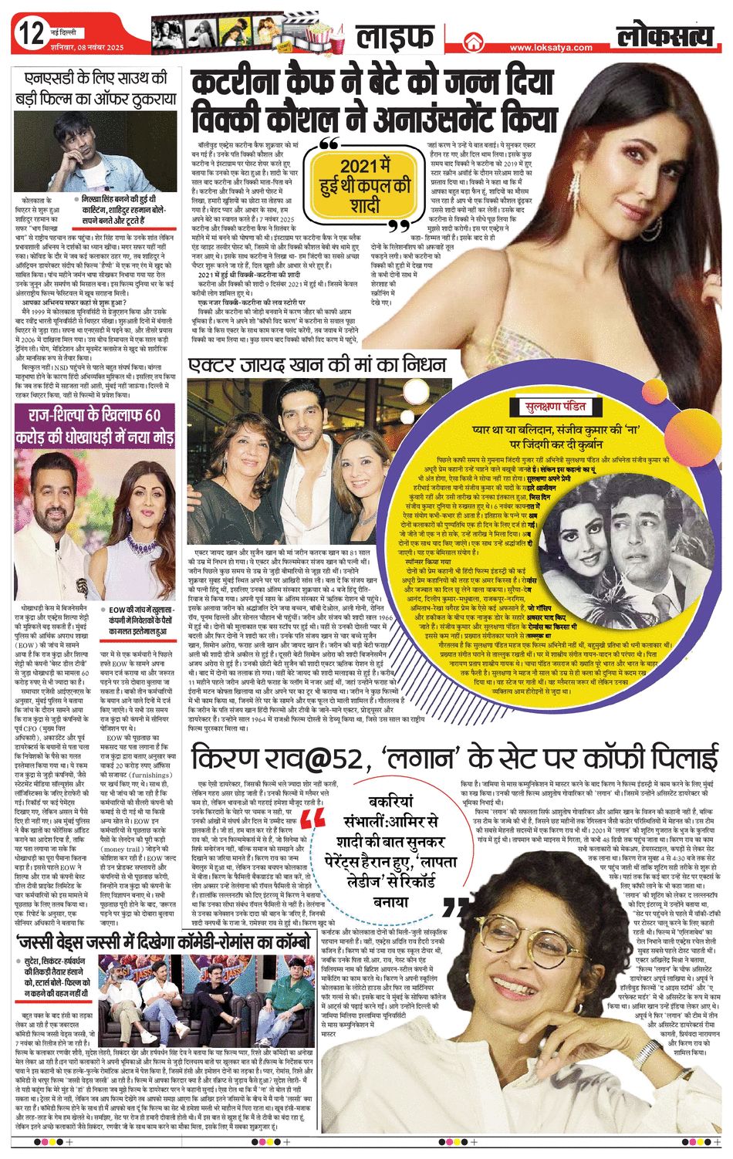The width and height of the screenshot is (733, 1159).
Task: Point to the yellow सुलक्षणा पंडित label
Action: [554, 407]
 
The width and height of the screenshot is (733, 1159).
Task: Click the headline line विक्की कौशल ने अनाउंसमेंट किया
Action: [375, 119]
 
